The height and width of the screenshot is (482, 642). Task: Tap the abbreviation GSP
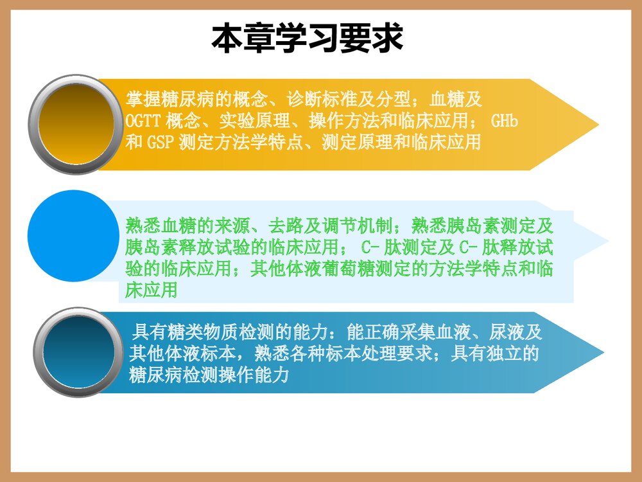pyautogui.click(x=160, y=142)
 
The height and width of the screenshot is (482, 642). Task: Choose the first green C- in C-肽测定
pyautogui.click(x=371, y=248)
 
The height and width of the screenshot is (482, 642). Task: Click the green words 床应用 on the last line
pyautogui.click(x=151, y=290)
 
